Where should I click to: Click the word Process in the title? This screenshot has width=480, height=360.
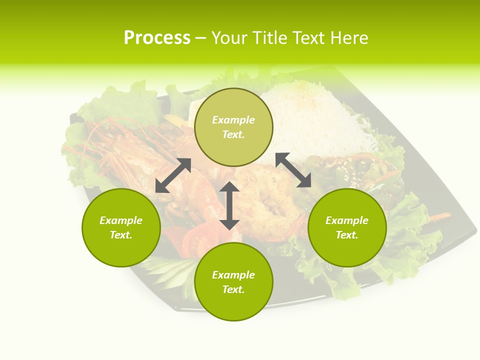click(x=157, y=38)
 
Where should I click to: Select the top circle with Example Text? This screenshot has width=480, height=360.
click(x=233, y=127)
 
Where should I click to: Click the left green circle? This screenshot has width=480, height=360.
click(x=121, y=227)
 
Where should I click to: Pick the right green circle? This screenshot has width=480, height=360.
click(x=347, y=227)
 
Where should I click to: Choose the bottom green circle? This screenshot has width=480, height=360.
click(x=233, y=282)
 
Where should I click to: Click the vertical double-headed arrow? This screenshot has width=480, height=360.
click(x=229, y=205)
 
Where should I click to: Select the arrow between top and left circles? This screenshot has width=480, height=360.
click(x=173, y=175)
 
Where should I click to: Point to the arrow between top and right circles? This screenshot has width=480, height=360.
click(x=293, y=170)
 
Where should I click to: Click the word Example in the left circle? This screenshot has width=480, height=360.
click(x=121, y=220)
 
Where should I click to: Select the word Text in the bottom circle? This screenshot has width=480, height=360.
click(x=233, y=289)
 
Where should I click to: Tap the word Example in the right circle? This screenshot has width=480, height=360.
click(x=347, y=220)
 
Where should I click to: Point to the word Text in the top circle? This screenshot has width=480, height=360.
click(x=233, y=134)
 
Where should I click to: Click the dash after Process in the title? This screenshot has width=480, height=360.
click(x=200, y=38)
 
